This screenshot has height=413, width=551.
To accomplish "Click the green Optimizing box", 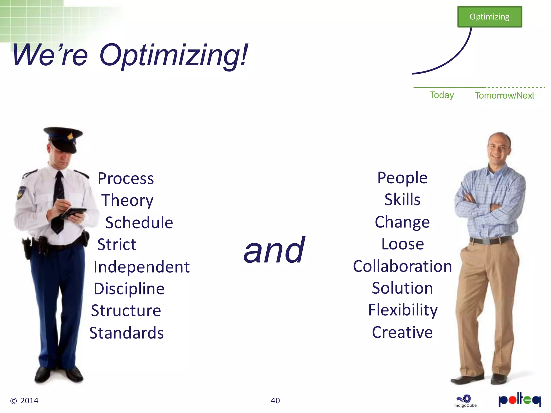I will pos(489,17).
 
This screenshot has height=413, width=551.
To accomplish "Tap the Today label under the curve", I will pos(442,95).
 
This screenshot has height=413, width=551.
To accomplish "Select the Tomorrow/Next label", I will pos(504,95).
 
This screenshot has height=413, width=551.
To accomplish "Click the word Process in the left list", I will pos(126,179).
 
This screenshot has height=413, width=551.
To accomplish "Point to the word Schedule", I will pos(139,223).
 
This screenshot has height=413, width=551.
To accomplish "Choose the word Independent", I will pos(142,267).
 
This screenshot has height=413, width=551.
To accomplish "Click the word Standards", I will pos(126,333).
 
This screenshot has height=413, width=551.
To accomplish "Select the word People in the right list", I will pos(402,178).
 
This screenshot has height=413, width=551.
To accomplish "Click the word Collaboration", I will pos(402,266).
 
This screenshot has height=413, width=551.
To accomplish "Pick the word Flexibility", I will pos(403,310).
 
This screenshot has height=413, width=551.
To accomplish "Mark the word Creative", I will pos(402,332).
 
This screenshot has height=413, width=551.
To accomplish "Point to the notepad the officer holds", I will pos(74,212).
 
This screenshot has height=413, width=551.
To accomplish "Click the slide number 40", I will pos(275,401).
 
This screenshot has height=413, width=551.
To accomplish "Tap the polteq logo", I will pos(520,400).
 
